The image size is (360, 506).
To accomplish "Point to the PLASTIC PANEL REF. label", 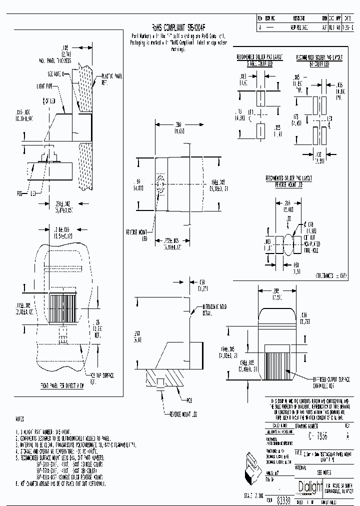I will (x=109, y=77).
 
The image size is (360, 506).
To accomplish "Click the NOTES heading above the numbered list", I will (x=20, y=418).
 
